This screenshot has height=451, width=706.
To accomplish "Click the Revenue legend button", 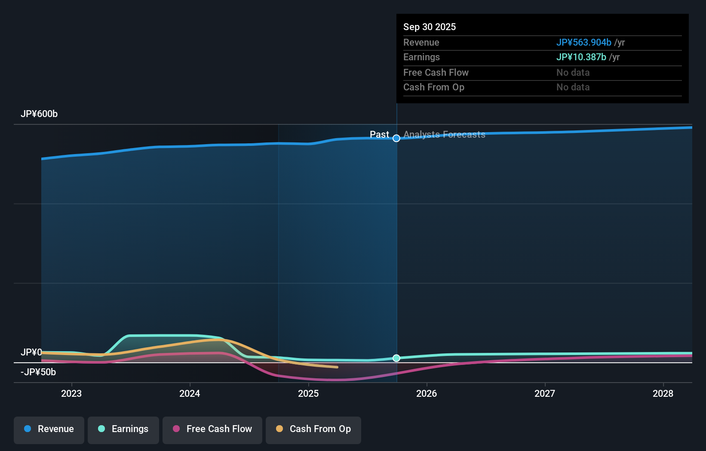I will tap(49, 429).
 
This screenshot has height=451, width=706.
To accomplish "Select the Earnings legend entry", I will tap(123, 429).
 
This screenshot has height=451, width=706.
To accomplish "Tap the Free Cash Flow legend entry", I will tap(212, 429).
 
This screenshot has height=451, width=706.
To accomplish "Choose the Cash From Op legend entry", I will tap(313, 429).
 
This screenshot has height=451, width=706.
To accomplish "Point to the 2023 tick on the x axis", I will tap(71, 393).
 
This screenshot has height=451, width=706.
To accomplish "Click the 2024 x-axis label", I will tap(190, 393).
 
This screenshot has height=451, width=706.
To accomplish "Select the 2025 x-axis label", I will tap(308, 393).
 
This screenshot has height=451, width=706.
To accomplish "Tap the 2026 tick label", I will tap(427, 393).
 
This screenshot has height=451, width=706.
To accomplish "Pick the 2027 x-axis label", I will tap(545, 393).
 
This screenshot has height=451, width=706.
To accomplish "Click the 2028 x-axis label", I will tap(663, 393).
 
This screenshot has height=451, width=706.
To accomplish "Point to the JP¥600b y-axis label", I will tap(39, 114).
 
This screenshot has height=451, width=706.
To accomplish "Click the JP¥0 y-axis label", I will tap(31, 352).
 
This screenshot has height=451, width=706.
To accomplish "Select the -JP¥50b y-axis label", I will tap(38, 372).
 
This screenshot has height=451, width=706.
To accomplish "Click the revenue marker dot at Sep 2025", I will tap(396, 138).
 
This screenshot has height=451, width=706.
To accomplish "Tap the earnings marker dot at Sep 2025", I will tap(396, 358).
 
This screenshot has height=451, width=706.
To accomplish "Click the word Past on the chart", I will tap(379, 135).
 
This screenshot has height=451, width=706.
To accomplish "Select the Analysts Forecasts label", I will tap(444, 135).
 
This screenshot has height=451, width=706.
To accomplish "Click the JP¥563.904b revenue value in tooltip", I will tap(583, 43).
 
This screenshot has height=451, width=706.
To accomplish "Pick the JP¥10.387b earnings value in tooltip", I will tap(581, 57).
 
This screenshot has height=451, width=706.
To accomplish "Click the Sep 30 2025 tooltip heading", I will tap(429, 27).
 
